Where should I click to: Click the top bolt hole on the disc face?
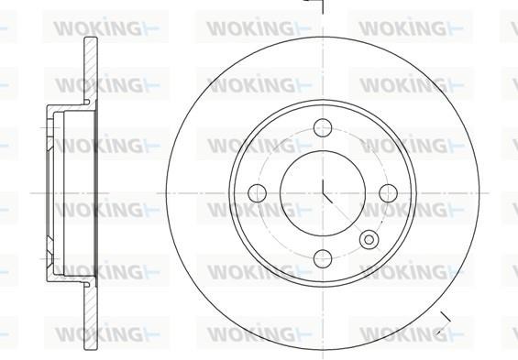click(x=323, y=127)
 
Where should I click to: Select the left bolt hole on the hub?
click(x=257, y=193)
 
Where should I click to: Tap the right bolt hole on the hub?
click(x=388, y=193)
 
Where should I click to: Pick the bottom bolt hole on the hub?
click(x=323, y=258)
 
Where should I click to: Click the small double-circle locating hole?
click(x=369, y=240)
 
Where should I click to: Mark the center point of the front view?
click(x=323, y=193)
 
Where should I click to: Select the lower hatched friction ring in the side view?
click(x=91, y=317)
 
